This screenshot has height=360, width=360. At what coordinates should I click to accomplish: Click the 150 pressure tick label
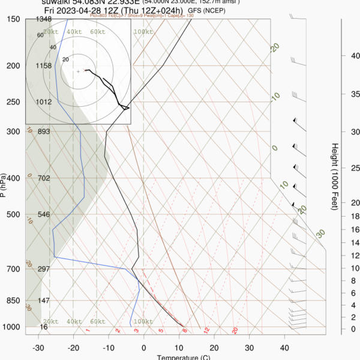click(13, 19)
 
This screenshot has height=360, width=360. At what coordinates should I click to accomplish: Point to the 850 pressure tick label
click(13, 301)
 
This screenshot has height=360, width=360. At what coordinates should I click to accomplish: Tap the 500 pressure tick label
click(13, 214)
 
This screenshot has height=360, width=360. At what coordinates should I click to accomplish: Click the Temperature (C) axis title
click(184, 358)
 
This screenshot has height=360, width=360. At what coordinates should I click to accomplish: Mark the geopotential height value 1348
click(43, 19)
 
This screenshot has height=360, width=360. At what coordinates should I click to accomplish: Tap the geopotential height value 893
click(43, 131)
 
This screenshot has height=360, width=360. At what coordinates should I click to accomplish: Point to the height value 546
click(43, 214)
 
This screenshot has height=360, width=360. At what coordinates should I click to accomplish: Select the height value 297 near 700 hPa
click(43, 269)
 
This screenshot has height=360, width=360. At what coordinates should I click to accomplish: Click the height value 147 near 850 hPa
click(43, 301)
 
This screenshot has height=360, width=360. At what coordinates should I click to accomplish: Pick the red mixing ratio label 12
click(206, 330)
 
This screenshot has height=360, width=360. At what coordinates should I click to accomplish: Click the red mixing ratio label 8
click(185, 330)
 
